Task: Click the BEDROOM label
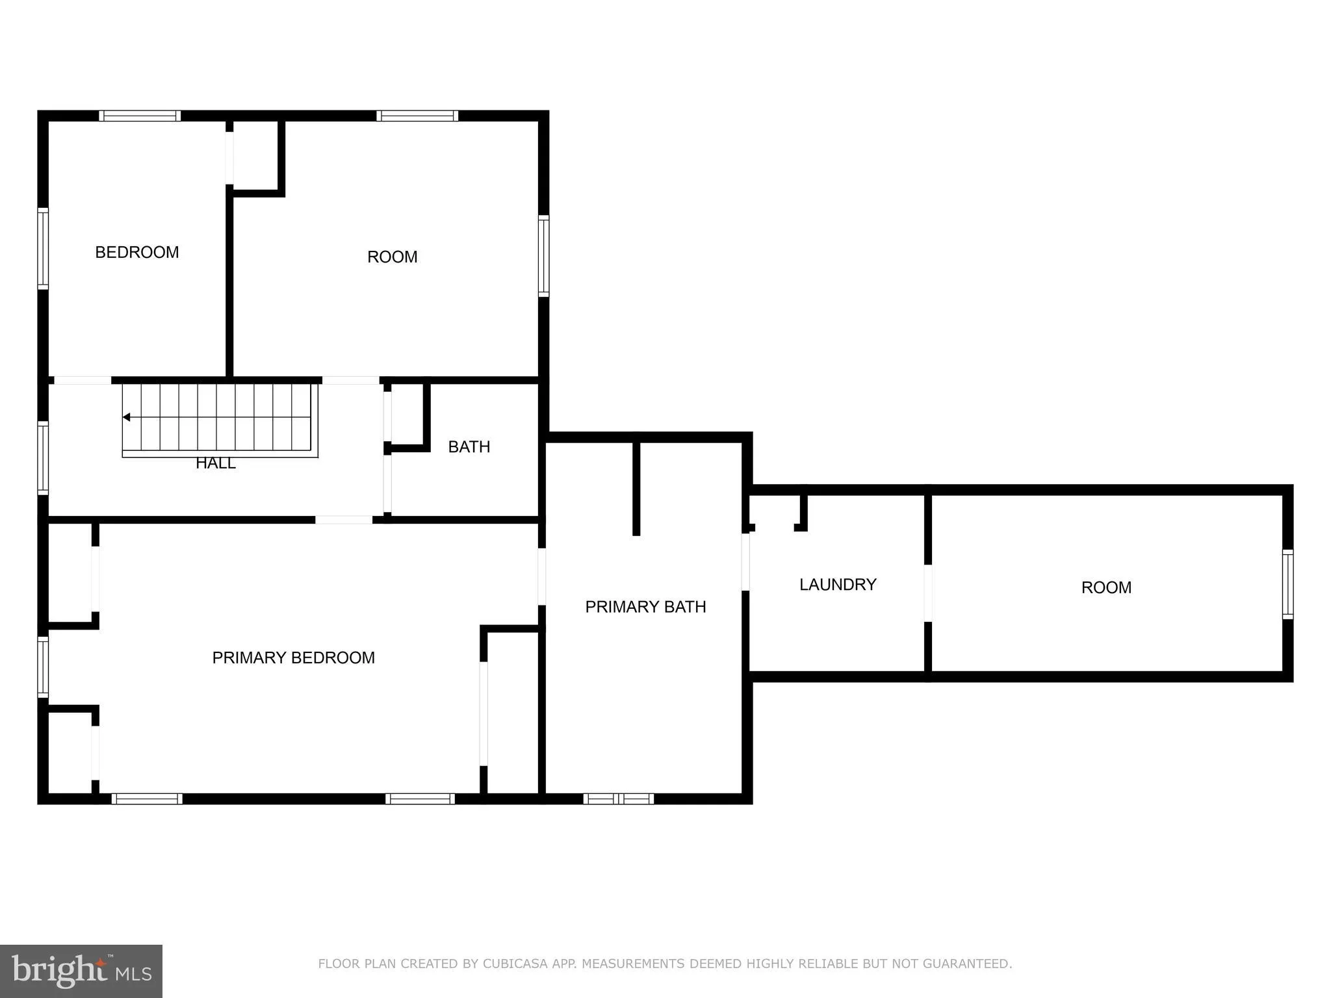pyautogui.click(x=136, y=252)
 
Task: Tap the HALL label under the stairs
pyautogui.click(x=215, y=464)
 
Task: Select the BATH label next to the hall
pyautogui.click(x=469, y=447)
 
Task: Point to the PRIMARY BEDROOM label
pyautogui.click(x=293, y=658)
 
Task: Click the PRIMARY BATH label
pyautogui.click(x=645, y=607)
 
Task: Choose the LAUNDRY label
pyautogui.click(x=837, y=585)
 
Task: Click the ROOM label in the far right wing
pyautogui.click(x=1105, y=587)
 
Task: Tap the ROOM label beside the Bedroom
pyautogui.click(x=392, y=257)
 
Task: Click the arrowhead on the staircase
pyautogui.click(x=127, y=417)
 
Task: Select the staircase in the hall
pyautogui.click(x=220, y=419)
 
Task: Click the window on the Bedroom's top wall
pyautogui.click(x=140, y=116)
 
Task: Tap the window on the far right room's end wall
pyautogui.click(x=1287, y=584)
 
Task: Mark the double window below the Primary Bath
pyautogui.click(x=618, y=799)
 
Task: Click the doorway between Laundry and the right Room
pyautogui.click(x=927, y=593)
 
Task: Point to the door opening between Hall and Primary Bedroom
pyautogui.click(x=344, y=520)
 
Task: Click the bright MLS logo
pyautogui.click(x=81, y=971)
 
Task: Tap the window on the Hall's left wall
pyautogui.click(x=43, y=457)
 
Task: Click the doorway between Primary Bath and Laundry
pyautogui.click(x=745, y=562)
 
